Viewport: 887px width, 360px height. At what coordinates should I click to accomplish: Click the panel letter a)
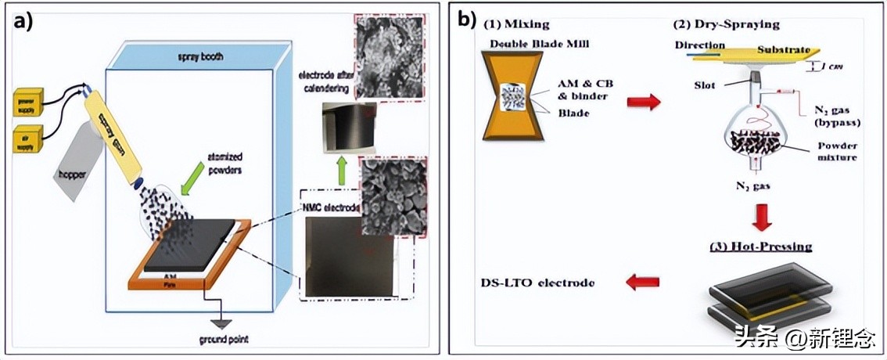pos(24,21)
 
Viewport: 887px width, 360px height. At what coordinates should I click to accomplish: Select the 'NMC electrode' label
pos(328,208)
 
